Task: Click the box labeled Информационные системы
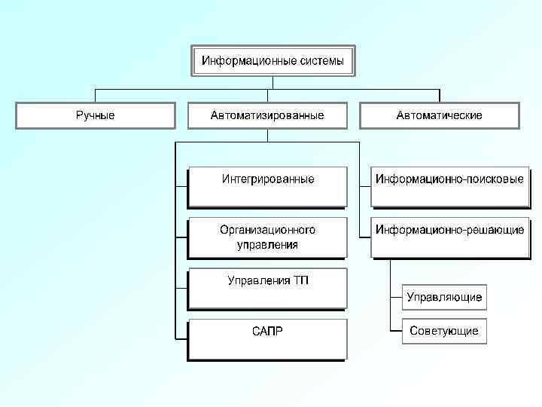point(272,61)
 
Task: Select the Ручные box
point(95,115)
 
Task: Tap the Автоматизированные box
point(267,115)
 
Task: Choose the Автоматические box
point(440,115)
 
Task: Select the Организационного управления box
point(267,237)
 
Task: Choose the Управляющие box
point(444,297)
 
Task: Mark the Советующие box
point(444,331)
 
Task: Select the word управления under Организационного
point(268,244)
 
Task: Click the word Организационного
point(268,229)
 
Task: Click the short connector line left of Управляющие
point(396,297)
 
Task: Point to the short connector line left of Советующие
point(396,331)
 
